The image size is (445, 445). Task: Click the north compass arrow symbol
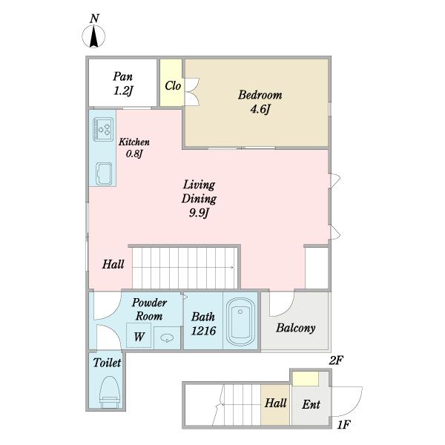93,36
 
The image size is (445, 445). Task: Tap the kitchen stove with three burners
103,129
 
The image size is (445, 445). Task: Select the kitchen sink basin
104,174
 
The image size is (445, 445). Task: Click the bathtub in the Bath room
240,321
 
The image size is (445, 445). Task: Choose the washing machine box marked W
139,335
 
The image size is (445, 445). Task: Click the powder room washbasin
167,337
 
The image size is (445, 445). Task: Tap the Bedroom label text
260,95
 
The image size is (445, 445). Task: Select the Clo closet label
173,85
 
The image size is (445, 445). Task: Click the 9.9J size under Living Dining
199,213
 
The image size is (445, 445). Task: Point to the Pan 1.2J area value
123,90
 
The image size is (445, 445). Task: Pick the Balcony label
295,328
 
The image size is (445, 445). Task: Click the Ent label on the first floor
311,404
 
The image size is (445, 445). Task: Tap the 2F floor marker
336,360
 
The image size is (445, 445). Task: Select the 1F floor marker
343,424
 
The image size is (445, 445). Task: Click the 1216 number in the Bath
203,331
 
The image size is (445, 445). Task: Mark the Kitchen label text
134,142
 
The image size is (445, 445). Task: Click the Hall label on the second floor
113,264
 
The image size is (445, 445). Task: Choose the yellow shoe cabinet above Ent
306,379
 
